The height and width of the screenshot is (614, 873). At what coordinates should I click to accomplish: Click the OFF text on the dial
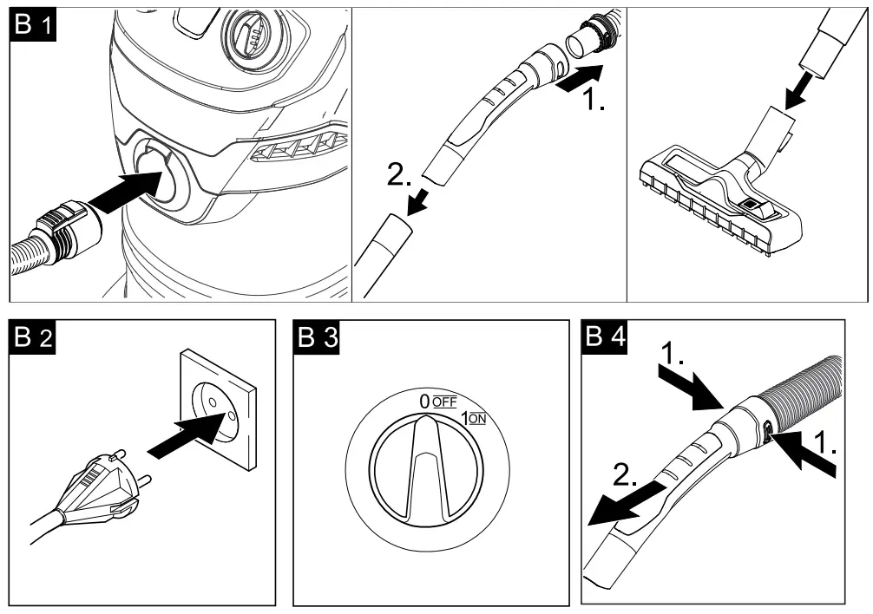point(444,402)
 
